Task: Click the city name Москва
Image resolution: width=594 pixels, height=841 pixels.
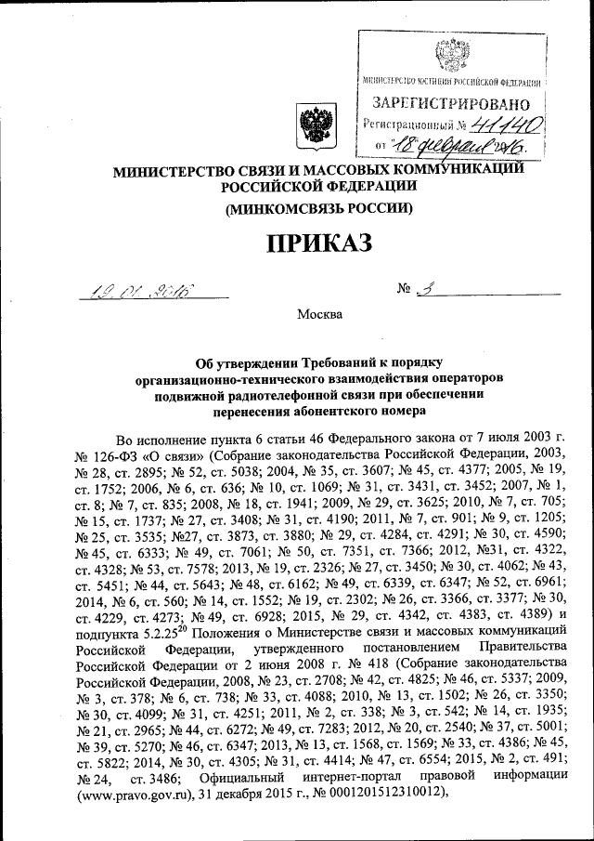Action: click(319, 314)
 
